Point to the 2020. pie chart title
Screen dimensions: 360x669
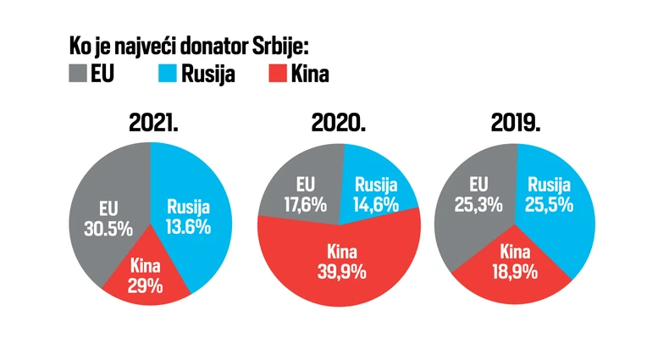click(338, 124)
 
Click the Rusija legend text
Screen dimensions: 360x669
click(207, 75)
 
